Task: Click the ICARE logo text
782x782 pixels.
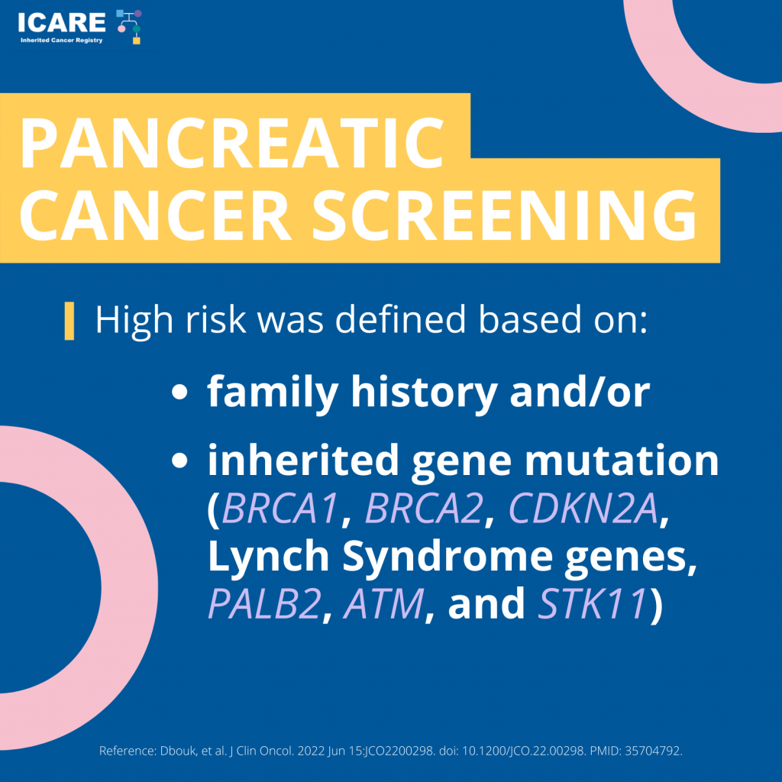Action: coord(61,22)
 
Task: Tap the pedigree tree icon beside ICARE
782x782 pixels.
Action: coord(129,27)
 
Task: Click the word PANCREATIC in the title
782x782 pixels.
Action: coord(231,144)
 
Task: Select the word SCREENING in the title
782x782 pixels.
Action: coord(504,216)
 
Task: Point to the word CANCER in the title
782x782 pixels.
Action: coord(154,216)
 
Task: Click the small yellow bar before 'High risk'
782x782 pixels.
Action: coord(69,321)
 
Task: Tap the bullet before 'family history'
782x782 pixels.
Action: coord(179,392)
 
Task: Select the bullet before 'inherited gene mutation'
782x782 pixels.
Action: coord(179,460)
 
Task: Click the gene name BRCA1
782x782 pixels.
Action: coord(280,508)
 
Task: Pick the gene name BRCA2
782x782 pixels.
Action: coord(425,508)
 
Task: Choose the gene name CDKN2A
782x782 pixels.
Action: coord(583,508)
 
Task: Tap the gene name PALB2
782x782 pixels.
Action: coord(264,603)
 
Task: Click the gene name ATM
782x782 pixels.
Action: coord(384,603)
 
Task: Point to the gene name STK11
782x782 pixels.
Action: coord(593,603)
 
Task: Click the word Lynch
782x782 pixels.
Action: coord(268,557)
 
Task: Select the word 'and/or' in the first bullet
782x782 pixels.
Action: coord(580,392)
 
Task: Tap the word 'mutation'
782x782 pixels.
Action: coord(622,460)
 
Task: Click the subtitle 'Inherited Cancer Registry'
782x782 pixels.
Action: coord(61,40)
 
